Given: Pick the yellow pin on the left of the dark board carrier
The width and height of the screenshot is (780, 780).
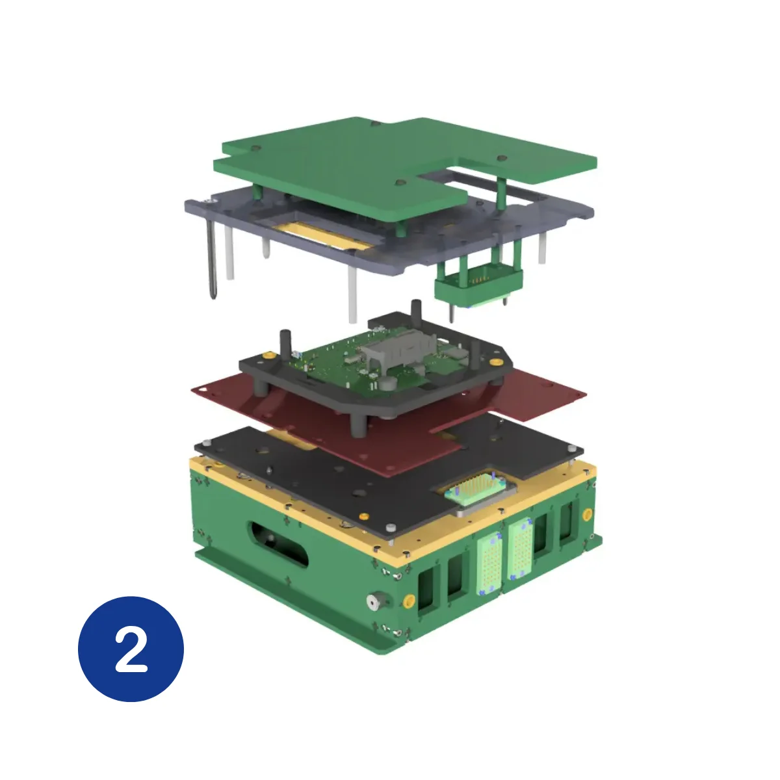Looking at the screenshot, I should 267,356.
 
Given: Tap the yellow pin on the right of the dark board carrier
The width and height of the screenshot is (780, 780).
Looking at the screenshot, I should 495,361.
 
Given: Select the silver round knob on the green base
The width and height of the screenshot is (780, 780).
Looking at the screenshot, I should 374,601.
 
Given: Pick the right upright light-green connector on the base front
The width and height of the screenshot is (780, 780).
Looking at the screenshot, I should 521,550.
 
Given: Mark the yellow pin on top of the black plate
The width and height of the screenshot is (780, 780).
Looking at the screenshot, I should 365,517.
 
